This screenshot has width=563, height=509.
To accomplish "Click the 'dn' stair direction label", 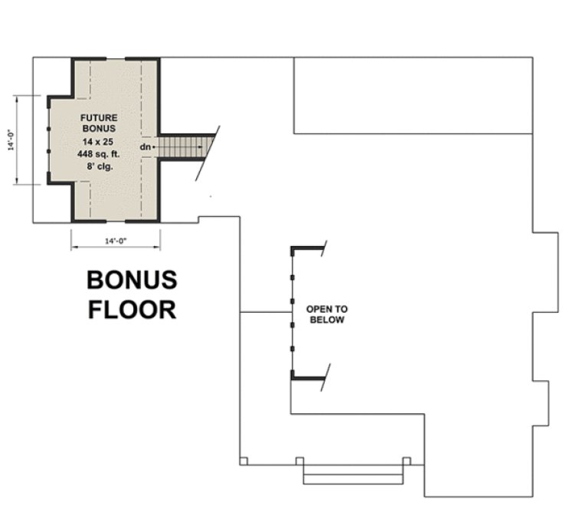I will (144, 146).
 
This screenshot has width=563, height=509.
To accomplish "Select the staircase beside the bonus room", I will (184, 145).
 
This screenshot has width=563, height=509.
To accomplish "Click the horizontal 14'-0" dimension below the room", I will (116, 241).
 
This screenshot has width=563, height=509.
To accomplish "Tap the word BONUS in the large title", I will (131, 281).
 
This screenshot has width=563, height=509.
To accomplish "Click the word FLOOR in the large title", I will (131, 309).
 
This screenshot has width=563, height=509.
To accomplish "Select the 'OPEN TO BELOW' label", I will (326, 314).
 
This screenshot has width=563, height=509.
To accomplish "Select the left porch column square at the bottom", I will (243, 461).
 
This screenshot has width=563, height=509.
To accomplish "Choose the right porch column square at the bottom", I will (407, 461).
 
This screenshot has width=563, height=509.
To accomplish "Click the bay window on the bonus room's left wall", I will (48, 140).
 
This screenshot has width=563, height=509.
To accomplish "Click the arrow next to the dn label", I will (154, 146).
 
